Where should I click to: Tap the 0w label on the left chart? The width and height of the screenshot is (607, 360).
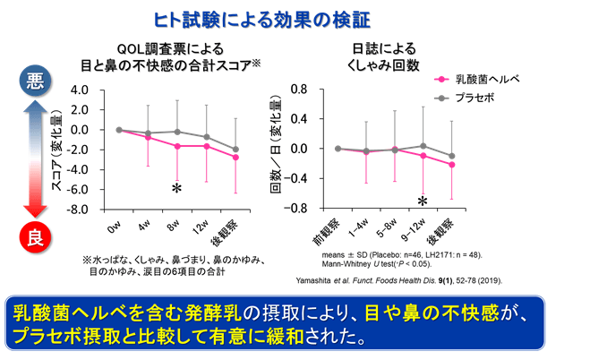115,223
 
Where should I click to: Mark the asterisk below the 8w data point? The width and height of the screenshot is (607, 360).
177,189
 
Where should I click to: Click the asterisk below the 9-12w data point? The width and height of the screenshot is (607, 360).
423,201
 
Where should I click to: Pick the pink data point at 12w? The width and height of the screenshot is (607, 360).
207,146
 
